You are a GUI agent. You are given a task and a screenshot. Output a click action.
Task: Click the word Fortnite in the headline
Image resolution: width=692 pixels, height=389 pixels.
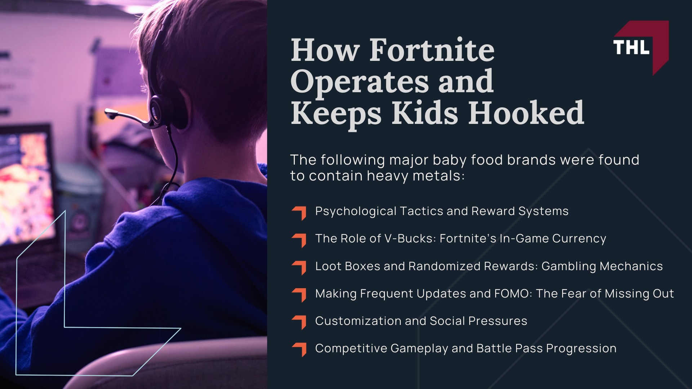point(432,50)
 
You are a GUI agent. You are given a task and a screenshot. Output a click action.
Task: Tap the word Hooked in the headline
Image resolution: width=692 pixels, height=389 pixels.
point(526,113)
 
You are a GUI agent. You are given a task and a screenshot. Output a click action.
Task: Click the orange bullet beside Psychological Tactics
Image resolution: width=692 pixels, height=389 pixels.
point(299,213)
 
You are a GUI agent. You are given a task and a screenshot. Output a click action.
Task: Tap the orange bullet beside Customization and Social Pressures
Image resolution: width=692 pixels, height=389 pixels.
point(299,322)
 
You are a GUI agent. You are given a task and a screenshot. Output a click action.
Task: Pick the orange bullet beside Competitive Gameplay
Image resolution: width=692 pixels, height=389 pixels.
point(299,349)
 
